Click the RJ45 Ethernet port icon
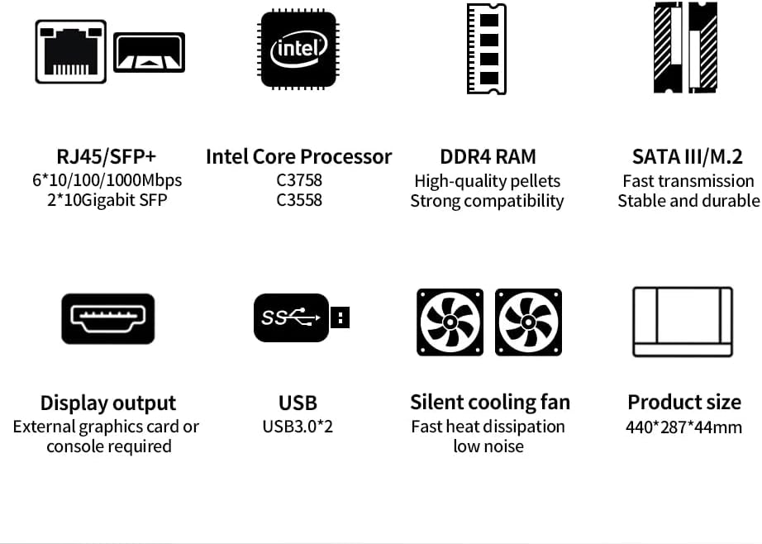point(71,51)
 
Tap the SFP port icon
point(149,53)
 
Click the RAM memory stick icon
point(487,49)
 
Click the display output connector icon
point(107,318)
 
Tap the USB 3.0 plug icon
point(301,317)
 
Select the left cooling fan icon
point(450,322)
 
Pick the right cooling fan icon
point(528,322)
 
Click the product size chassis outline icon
point(683,322)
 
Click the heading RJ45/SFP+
point(107,156)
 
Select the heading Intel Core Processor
point(298,156)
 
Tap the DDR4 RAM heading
point(488,156)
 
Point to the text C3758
point(298,180)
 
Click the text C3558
point(298,200)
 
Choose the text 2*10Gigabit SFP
point(107,200)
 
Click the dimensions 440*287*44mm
point(684,427)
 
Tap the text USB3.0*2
point(298,427)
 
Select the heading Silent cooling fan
point(490,403)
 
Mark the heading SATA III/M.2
point(687,156)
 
